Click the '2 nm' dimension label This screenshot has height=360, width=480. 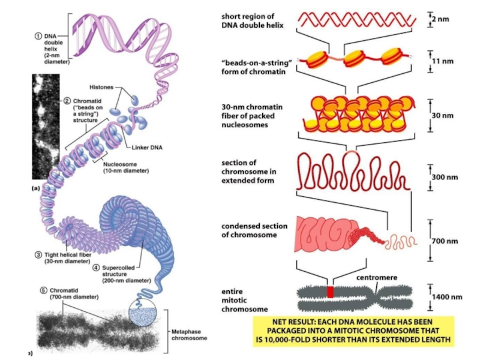(x=440, y=19)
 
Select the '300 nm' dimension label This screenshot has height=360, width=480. (x=445, y=177)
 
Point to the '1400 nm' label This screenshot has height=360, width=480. (x=447, y=296)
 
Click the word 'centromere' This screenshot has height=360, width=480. (x=377, y=277)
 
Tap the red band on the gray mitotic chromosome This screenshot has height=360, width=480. (x=330, y=292)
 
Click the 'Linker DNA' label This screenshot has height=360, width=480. (x=147, y=148)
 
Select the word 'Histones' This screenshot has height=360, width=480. (x=101, y=87)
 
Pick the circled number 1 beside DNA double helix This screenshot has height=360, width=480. (x=38, y=36)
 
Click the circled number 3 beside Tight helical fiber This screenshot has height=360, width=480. (x=38, y=254)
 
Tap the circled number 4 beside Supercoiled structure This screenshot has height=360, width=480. (x=96, y=268)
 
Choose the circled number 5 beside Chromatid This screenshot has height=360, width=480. (x=44, y=290)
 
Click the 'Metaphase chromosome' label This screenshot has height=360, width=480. (x=189, y=335)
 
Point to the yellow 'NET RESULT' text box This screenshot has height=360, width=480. (x=353, y=331)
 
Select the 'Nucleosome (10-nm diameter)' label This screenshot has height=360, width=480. (x=126, y=167)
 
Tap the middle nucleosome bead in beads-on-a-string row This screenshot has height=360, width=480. (x=354, y=58)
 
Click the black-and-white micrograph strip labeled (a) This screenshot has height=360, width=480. (x=46, y=127)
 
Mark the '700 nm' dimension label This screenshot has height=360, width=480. (x=445, y=241)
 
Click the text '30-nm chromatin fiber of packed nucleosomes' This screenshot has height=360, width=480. (x=252, y=116)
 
